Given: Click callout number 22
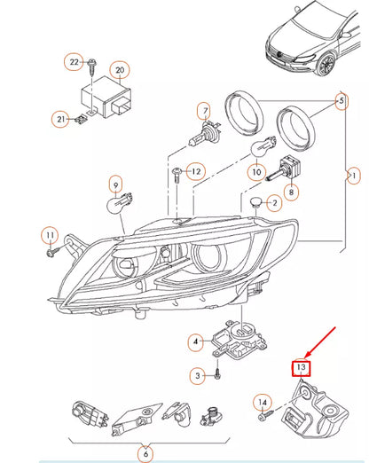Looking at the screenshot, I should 75,61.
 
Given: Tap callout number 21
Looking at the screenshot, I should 59,119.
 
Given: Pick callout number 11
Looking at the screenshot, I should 51,235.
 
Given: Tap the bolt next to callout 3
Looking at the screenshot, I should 217,376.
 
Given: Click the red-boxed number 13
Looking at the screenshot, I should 301,367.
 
